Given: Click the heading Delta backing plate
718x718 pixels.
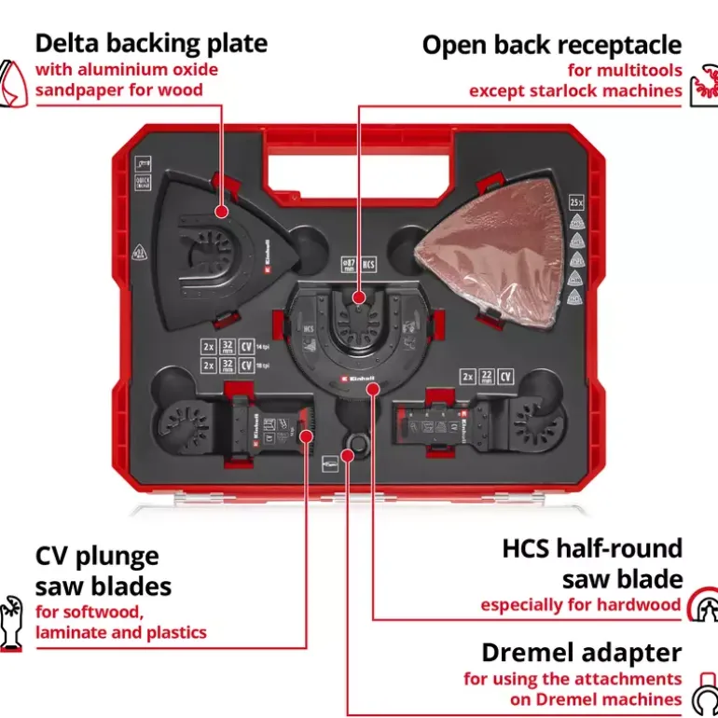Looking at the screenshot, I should click(x=151, y=43).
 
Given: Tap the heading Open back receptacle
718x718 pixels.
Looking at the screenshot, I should click(x=551, y=45).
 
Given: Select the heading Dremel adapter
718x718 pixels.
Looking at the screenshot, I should click(x=581, y=653).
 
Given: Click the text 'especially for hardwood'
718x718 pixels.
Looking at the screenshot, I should click(x=581, y=604).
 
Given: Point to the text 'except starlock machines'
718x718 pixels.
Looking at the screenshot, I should click(x=575, y=90).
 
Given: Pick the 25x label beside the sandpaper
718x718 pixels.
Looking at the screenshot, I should click(x=576, y=201).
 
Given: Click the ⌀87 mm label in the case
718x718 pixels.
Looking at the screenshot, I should click(x=349, y=266).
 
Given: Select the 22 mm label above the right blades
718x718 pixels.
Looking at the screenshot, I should click(x=486, y=377).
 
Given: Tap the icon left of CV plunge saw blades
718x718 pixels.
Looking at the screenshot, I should click(x=12, y=621).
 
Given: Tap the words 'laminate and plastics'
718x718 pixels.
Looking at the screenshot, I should click(x=120, y=632).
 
